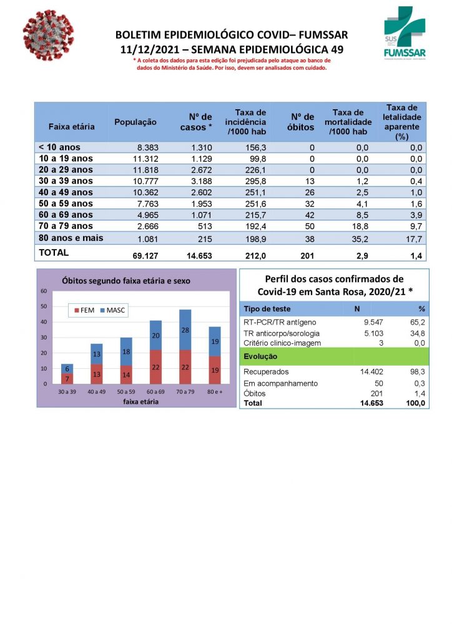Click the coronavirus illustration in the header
point(48,35)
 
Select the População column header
point(135,122)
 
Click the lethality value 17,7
point(414,238)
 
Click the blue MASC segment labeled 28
point(185,329)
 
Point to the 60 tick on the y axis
point(44,291)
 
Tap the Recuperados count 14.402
point(370,372)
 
